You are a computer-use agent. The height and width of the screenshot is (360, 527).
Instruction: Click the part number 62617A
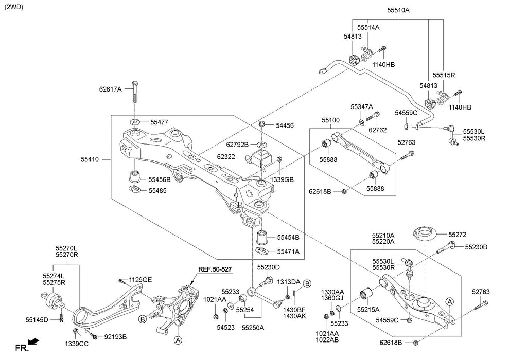tap(110, 89)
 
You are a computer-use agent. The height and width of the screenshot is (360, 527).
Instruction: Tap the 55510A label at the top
tap(398, 9)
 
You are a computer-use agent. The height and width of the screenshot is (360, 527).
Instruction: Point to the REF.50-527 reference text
tap(216, 268)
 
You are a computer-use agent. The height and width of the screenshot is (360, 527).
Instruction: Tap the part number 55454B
tap(288, 238)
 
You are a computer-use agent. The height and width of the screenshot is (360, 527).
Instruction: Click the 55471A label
tap(288, 251)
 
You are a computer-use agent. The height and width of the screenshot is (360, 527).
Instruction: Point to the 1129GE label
tap(140, 280)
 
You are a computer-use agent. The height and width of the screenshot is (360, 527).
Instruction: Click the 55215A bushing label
tap(368, 310)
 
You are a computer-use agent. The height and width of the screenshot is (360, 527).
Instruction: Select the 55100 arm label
tap(331, 120)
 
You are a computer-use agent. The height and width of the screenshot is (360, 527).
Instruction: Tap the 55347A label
tap(362, 106)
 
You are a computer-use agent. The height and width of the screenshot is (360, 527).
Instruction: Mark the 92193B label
tap(115, 337)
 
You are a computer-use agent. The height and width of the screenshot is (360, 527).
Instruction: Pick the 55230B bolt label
tap(476, 247)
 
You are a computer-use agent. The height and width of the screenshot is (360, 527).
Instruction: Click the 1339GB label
tap(283, 179)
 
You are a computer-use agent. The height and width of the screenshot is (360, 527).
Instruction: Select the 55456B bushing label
tap(160, 180)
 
